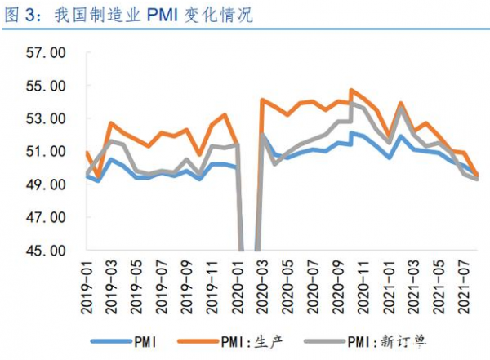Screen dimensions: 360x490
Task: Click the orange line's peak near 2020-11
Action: point(351,90)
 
